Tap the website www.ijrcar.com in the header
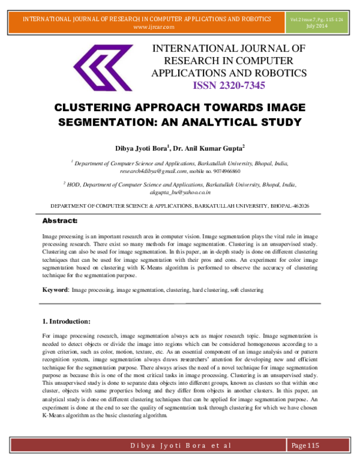154,27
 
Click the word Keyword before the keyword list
55,290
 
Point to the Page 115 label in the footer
307,445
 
